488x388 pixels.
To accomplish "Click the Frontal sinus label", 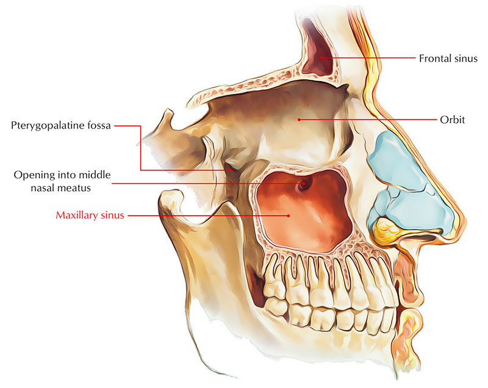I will click(448, 58).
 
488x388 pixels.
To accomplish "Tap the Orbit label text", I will click(452, 120).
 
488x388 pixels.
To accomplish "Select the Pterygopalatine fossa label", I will click(61, 126).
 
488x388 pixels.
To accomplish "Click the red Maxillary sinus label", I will click(90, 215).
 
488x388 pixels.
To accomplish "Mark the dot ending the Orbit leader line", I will click(299, 120).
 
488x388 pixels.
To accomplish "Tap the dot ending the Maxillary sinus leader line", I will click(289, 215).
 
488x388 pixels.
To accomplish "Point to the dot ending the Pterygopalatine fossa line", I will click(230, 170).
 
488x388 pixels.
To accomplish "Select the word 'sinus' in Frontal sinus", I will click(464, 58).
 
